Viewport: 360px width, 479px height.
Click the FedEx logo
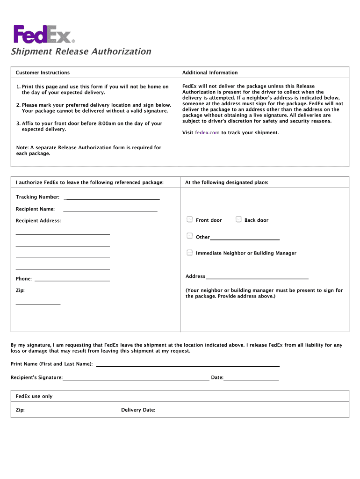coord(44,34)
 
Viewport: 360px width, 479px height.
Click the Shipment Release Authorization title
coord(81,51)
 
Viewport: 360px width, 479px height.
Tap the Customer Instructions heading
coord(43,73)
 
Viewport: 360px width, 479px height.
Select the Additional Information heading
coord(210,73)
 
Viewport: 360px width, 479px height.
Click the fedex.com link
coord(207,133)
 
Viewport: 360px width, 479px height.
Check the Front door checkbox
coord(190,219)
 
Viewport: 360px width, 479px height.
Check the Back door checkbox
coord(238,219)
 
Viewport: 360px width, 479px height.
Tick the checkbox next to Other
coord(190,236)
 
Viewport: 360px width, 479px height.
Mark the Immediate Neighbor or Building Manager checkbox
coord(190,253)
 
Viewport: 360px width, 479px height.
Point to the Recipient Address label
coord(38,221)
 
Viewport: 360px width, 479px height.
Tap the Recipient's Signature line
coord(136,379)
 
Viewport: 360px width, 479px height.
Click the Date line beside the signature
coord(251,379)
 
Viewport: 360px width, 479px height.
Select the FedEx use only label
coord(34,396)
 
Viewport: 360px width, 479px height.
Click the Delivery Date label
coord(138,410)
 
